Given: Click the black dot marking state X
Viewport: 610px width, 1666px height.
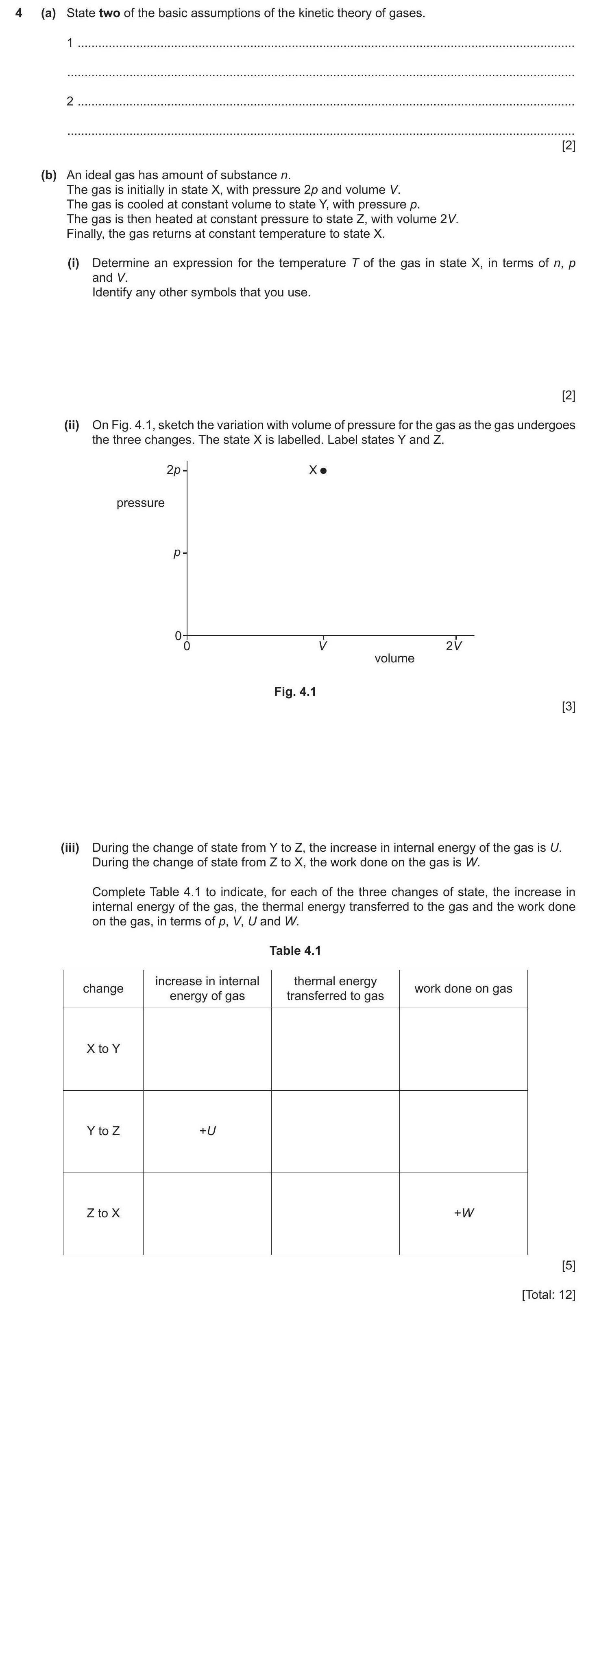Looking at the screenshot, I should pyautogui.click(x=324, y=471).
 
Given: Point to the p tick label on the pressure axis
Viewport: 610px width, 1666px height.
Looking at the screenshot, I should pyautogui.click(x=176, y=553).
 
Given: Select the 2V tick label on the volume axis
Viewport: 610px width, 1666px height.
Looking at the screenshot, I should pyautogui.click(x=453, y=645).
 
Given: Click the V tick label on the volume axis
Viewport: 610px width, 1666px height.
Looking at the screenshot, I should pyautogui.click(x=322, y=645).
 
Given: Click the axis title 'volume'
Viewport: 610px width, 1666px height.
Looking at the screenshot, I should pyautogui.click(x=394, y=658).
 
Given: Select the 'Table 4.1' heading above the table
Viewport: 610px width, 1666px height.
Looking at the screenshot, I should pyautogui.click(x=295, y=951).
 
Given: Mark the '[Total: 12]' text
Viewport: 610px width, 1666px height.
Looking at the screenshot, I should pyautogui.click(x=548, y=1295).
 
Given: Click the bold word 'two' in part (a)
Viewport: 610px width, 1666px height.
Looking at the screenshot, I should pyautogui.click(x=109, y=13).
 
